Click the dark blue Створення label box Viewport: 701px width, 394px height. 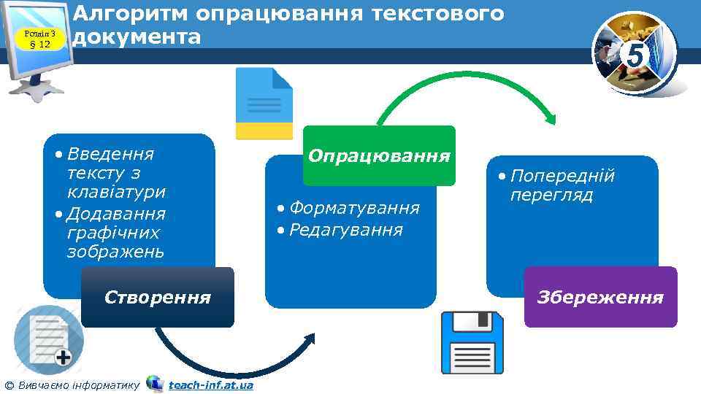[158, 297]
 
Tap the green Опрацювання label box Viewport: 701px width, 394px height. [379, 155]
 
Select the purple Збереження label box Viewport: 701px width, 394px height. [600, 297]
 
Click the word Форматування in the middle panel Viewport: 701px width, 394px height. [355, 208]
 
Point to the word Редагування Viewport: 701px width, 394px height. [346, 230]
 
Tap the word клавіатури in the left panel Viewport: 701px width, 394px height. [116, 193]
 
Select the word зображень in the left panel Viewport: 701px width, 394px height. [115, 252]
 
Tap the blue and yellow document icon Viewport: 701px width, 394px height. [264, 103]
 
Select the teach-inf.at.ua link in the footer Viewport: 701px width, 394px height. [210, 385]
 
